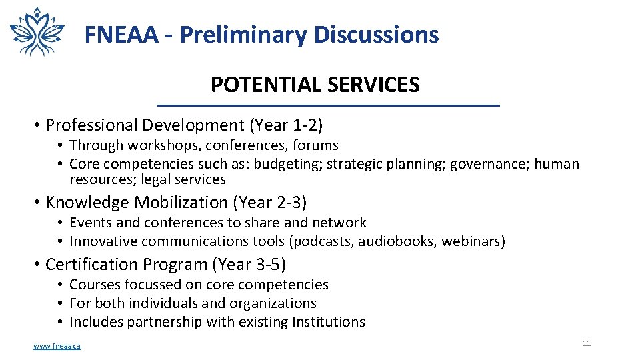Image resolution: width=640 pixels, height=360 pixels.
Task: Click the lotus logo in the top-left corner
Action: pos(37,31)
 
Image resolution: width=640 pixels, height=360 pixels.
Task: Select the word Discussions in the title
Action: pos(376,35)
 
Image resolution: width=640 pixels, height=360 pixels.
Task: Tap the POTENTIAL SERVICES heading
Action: pos(315,85)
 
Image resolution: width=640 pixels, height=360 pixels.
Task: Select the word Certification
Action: pos(85,265)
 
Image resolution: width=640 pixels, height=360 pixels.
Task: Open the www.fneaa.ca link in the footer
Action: pos(57,346)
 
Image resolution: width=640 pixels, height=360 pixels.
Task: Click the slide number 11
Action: pos(587,343)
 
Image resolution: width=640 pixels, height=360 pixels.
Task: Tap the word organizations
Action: pos(273,303)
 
